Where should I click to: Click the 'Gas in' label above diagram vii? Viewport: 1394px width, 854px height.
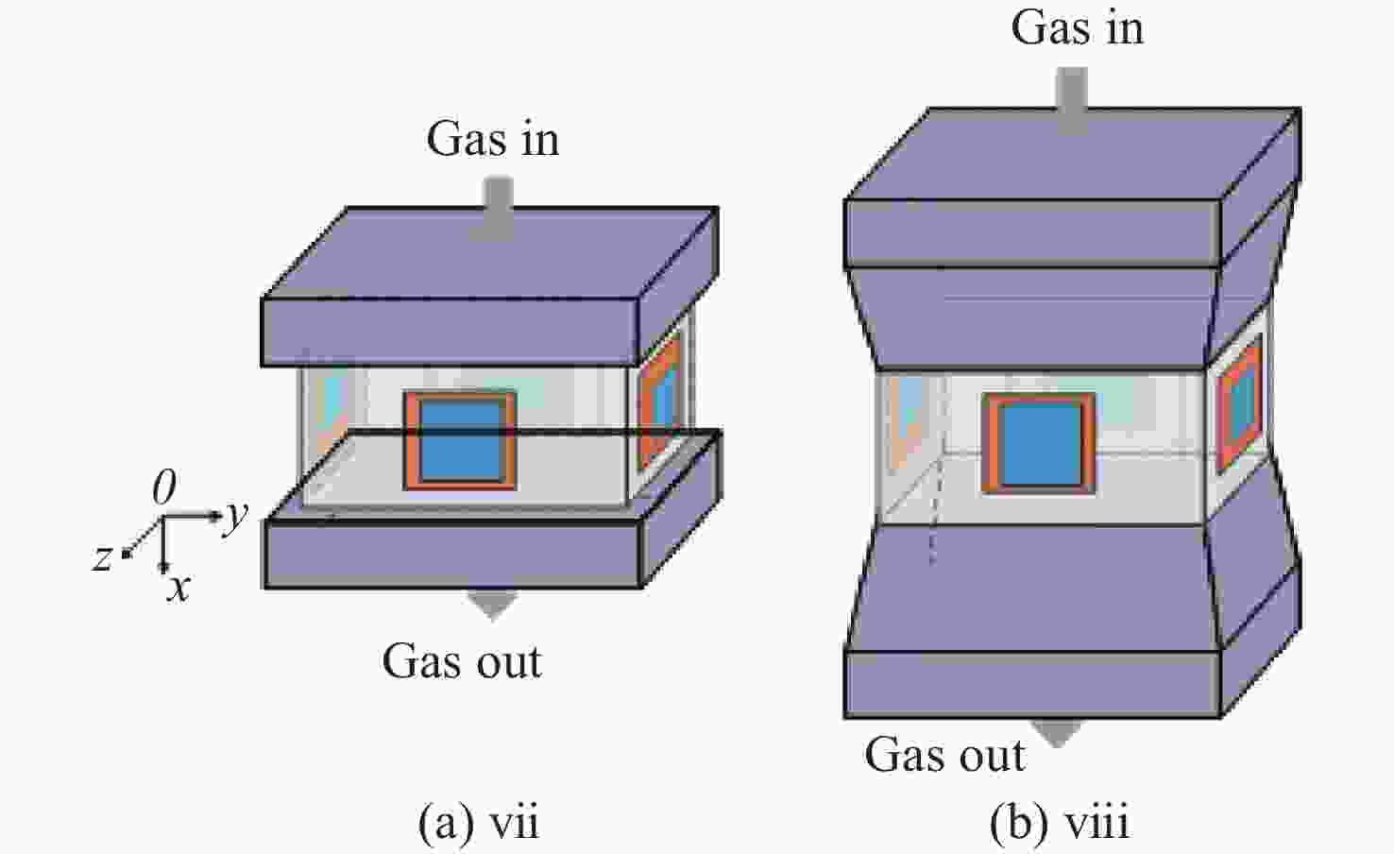coord(493,139)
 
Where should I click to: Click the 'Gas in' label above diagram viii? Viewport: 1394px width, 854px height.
coord(1078,28)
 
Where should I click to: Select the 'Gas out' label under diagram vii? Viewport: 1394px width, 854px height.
coord(462,661)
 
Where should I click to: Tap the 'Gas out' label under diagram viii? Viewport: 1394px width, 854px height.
coord(944,755)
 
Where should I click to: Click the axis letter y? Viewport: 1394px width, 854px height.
coord(236,517)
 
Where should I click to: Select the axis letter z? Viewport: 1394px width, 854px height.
coord(102,557)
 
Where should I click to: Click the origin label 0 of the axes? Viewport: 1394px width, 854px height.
coord(164,487)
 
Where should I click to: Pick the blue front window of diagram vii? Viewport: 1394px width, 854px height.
coord(461,440)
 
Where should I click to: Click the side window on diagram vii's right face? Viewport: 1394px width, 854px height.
coord(661,402)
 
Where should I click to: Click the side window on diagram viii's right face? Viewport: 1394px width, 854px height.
coord(1240,404)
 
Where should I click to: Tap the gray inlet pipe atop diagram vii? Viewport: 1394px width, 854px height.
coord(499,209)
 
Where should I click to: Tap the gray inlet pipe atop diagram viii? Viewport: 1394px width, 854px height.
coord(1073,100)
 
